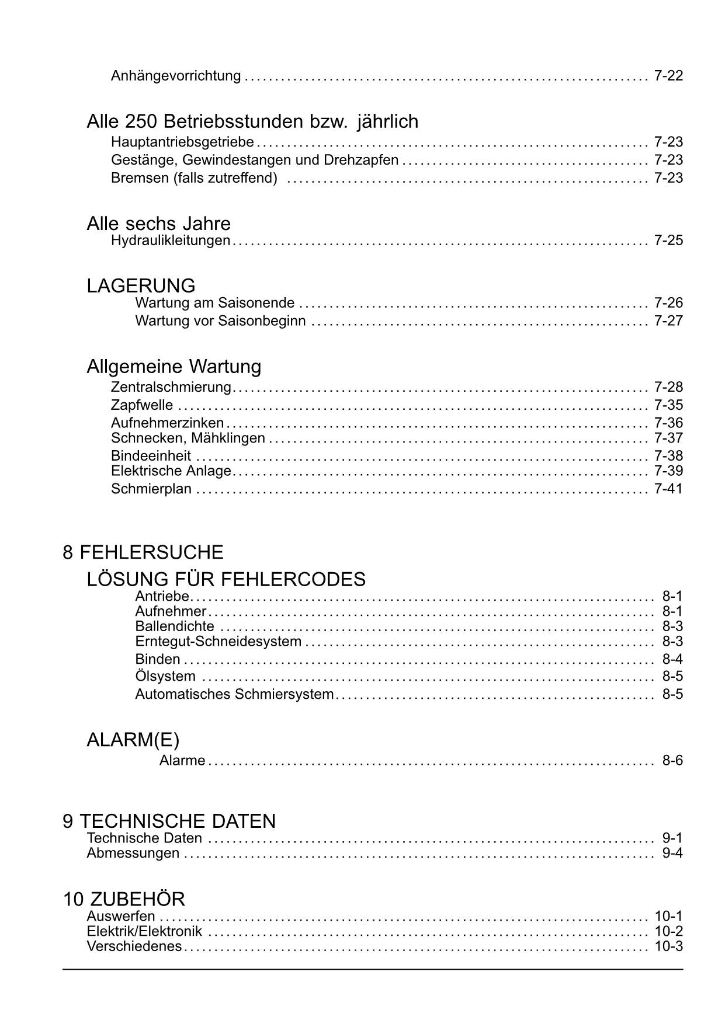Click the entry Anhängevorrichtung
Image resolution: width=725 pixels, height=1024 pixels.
click(x=176, y=76)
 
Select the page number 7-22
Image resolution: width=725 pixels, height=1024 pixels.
click(x=668, y=76)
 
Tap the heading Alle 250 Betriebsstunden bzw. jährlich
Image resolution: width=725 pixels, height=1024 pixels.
click(x=252, y=121)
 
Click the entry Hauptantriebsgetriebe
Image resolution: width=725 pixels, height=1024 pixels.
click(x=182, y=142)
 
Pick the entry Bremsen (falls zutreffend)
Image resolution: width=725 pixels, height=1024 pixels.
click(x=194, y=177)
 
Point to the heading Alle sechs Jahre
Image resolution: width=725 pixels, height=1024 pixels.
click(x=158, y=224)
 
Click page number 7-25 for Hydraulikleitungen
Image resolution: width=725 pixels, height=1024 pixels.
click(x=668, y=241)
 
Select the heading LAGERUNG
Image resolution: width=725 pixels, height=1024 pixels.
click(x=141, y=285)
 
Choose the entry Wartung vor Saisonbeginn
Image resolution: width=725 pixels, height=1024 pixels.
click(x=220, y=321)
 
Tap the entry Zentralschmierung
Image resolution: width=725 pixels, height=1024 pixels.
click(x=171, y=387)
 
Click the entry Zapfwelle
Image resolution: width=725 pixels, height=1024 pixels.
click(x=142, y=405)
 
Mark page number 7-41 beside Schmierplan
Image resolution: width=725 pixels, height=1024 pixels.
click(x=668, y=489)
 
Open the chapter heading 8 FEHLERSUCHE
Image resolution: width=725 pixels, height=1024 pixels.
click(x=143, y=552)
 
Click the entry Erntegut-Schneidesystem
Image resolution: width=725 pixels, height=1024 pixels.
click(x=218, y=642)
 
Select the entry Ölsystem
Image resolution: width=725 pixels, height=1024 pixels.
click(x=165, y=677)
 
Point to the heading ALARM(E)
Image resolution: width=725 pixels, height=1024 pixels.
click(x=133, y=740)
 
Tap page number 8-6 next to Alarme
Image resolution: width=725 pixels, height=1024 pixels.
click(x=672, y=761)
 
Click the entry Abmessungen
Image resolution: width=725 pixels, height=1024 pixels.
click(x=133, y=853)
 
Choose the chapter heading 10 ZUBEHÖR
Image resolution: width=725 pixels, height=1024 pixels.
click(x=124, y=899)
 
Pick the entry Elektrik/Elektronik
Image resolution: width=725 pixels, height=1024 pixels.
click(x=144, y=931)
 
